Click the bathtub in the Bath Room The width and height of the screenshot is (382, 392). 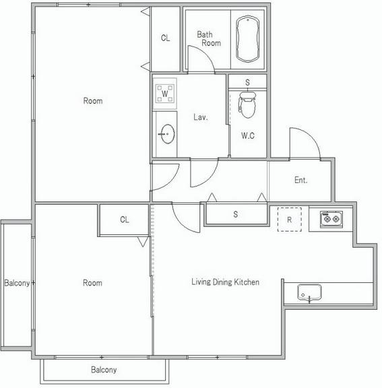247,39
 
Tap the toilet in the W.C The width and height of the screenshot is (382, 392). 247,105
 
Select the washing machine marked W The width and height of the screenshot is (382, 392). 165,94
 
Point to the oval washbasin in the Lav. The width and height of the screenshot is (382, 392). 167,134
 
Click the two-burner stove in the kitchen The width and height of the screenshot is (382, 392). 331,220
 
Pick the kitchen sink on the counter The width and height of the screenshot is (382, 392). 309,292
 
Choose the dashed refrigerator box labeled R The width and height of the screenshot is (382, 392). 290,220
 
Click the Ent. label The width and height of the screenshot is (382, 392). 300,180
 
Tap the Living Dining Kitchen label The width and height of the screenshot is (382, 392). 225,282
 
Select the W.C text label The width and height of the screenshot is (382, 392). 248,135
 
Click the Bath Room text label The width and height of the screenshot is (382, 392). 209,38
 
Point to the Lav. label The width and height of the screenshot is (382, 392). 201,117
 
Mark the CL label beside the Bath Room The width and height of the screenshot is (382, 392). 166,38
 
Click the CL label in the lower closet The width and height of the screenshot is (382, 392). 125,220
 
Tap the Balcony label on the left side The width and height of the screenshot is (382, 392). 17,283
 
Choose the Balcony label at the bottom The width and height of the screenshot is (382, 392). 104,370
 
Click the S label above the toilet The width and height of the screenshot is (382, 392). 247,82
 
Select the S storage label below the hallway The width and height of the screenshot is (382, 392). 236,214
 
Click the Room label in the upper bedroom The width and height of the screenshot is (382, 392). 93,101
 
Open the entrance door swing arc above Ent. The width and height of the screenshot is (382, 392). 311,135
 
